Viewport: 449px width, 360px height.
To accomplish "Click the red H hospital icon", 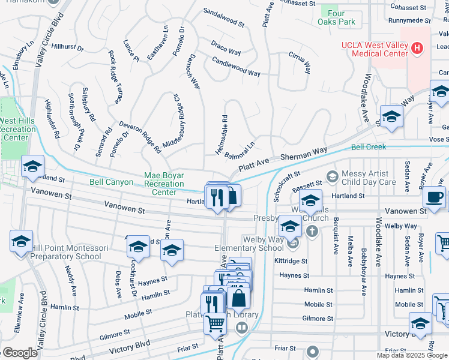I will pyautogui.click(x=416, y=47).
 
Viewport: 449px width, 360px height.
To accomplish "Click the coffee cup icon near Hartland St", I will pyautogui.click(x=434, y=197).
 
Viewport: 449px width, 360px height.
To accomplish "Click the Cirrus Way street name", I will pyautogui.click(x=300, y=58).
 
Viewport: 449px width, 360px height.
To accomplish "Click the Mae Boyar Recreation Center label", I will pyautogui.click(x=164, y=184).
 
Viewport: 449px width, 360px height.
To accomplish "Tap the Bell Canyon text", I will pyautogui.click(x=111, y=181).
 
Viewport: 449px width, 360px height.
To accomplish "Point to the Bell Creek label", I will pyautogui.click(x=369, y=146).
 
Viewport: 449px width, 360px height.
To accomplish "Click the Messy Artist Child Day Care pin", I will pyautogui.click(x=331, y=176).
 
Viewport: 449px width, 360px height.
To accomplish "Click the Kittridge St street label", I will pyautogui.click(x=292, y=262).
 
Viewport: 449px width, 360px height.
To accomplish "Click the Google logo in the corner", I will pyautogui.click(x=20, y=353).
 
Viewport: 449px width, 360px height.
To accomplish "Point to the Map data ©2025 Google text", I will pyautogui.click(x=412, y=355).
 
